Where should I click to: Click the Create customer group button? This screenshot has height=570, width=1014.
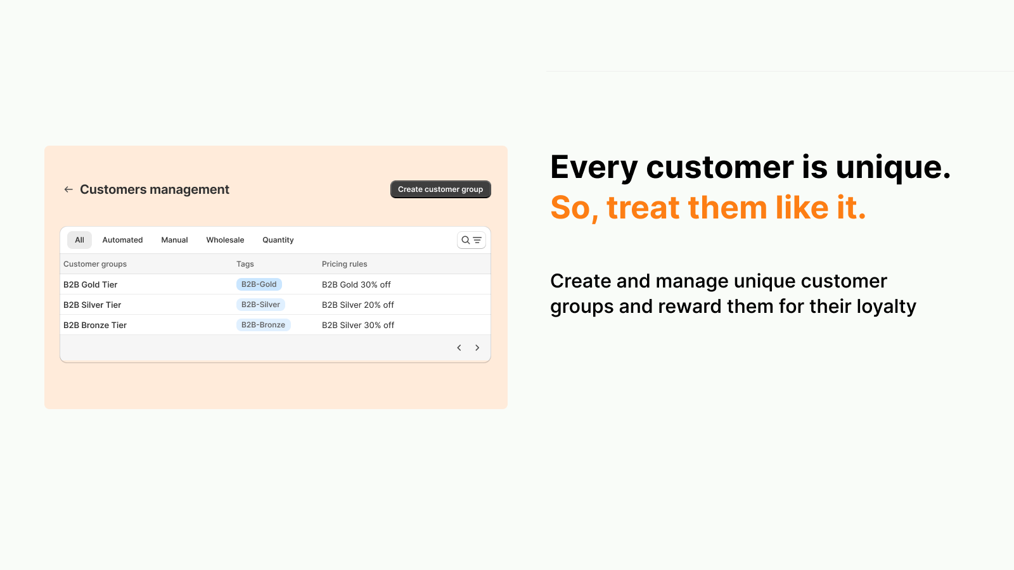[440, 189]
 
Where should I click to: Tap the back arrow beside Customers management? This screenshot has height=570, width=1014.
[68, 189]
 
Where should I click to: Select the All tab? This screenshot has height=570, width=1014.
[79, 240]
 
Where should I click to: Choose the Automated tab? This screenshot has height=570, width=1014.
[122, 240]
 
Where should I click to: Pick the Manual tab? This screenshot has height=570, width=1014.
[174, 240]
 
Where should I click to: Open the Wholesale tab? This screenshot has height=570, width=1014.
[225, 240]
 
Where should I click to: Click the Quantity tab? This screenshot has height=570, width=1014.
[278, 240]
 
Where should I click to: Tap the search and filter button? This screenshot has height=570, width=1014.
[472, 240]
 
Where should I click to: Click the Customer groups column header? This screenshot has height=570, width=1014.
[95, 264]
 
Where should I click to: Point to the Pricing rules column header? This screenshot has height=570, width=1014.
[344, 264]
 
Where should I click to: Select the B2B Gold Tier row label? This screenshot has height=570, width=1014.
[91, 285]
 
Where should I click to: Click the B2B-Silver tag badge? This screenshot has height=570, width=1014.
[260, 305]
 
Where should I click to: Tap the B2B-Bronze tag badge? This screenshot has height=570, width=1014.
[263, 325]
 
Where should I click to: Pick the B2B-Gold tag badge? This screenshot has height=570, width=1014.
[259, 284]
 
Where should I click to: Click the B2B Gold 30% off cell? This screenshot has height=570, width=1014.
[356, 285]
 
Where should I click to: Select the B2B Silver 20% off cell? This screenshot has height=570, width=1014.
[358, 305]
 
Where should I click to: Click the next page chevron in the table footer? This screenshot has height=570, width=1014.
[477, 348]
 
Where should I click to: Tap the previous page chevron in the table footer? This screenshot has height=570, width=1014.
[459, 348]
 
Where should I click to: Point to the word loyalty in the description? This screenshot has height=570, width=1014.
[886, 307]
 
